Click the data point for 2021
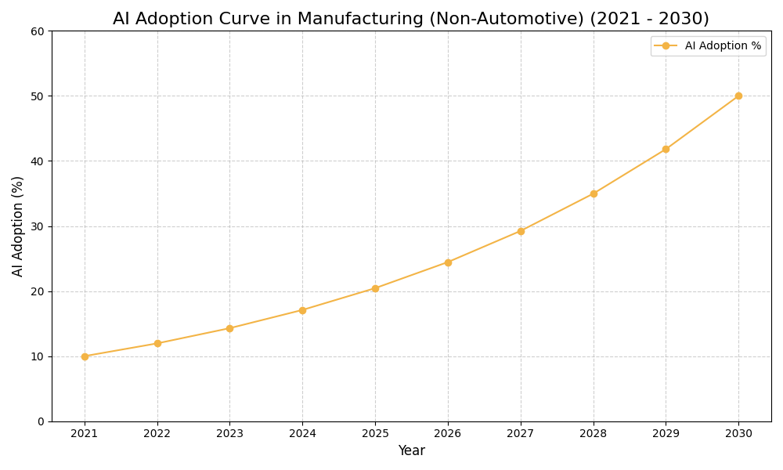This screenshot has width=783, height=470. [85, 356]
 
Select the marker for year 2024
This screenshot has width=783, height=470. [302, 310]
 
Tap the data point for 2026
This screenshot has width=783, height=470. [448, 262]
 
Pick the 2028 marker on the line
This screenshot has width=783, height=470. [594, 193]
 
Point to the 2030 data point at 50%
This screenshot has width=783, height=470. [738, 96]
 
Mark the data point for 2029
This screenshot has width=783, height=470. [666, 149]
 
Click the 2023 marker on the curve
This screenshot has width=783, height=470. [229, 328]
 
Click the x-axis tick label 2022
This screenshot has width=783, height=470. [157, 434]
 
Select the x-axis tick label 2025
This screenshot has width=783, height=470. [375, 434]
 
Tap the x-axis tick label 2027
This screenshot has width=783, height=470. [521, 434]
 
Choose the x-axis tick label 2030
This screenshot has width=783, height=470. [738, 434]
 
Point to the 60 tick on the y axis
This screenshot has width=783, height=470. [38, 31]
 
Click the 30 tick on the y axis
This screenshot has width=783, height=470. [38, 226]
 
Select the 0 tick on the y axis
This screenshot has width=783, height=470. [41, 421]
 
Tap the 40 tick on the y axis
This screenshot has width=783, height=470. [38, 161]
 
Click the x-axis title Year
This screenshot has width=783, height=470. [411, 451]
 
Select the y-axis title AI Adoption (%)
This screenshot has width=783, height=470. [18, 226]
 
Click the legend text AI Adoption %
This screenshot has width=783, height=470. [723, 46]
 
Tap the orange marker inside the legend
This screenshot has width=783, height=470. [666, 46]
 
